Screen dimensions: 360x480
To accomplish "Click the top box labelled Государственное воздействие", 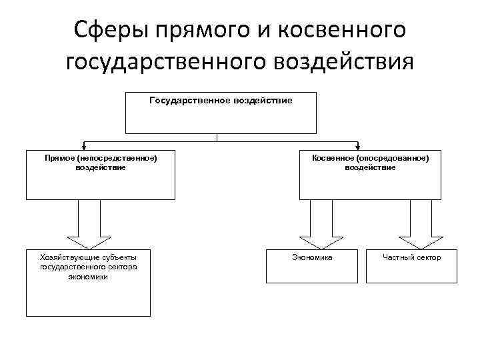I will [x=220, y=113].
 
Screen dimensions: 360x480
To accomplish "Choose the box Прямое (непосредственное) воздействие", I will [x=101, y=175].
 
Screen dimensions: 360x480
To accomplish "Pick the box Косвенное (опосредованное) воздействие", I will [x=370, y=175].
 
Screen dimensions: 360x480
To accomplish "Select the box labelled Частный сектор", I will [x=411, y=266].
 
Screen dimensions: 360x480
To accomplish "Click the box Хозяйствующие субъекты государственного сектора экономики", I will [x=88, y=283].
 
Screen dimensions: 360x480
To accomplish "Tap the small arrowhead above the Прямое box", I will [x=85, y=146].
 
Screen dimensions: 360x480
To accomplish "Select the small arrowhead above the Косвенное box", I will [x=359, y=146].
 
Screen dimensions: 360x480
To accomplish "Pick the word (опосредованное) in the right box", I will [x=392, y=159].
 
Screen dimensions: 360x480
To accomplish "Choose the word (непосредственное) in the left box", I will [x=117, y=159].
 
